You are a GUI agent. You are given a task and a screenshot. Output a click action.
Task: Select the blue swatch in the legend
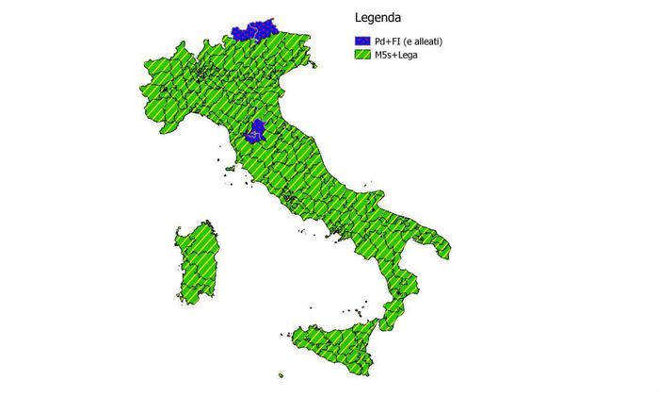[x=364, y=41]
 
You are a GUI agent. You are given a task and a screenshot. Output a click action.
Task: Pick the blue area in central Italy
[x=257, y=133]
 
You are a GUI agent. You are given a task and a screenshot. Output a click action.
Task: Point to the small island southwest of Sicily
[x=281, y=375]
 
